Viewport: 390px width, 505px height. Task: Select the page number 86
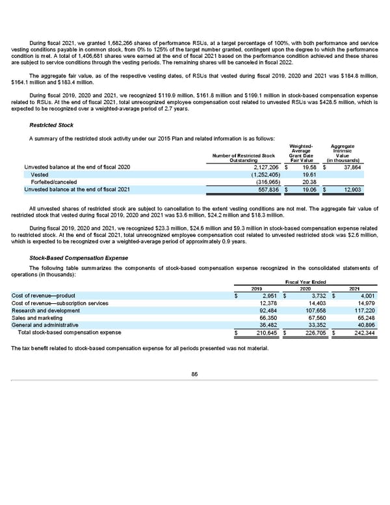194,373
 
